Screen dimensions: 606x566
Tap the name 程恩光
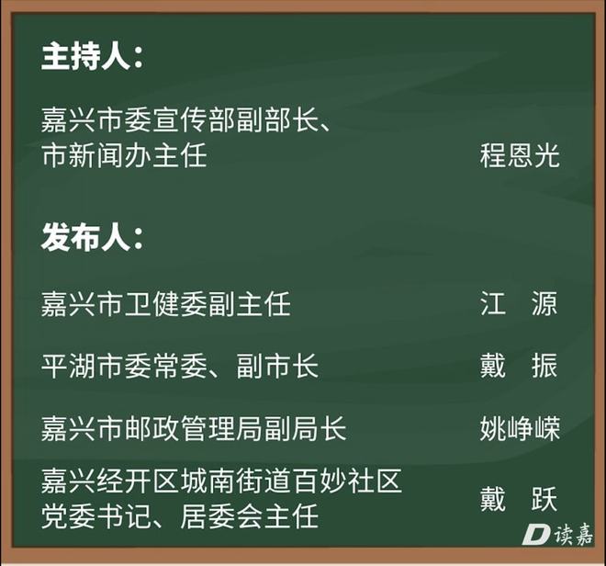520,155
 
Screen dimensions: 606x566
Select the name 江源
519,303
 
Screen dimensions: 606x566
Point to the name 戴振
519,366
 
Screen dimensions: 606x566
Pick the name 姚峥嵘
520,429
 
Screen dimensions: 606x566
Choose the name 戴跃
519,499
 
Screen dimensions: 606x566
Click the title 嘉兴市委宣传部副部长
180,119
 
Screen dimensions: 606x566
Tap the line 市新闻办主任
124,155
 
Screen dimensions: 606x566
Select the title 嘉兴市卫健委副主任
166,303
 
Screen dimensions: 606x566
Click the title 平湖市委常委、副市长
180,366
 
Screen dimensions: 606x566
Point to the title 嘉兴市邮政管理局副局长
194,429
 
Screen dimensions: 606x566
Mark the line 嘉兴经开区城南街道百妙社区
221,481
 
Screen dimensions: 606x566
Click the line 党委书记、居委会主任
180,516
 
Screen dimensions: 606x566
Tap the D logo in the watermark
536,534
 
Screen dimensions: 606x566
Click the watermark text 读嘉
574,534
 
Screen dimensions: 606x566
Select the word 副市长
277,366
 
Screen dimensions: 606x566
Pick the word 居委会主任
249,516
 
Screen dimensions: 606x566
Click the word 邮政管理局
194,429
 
